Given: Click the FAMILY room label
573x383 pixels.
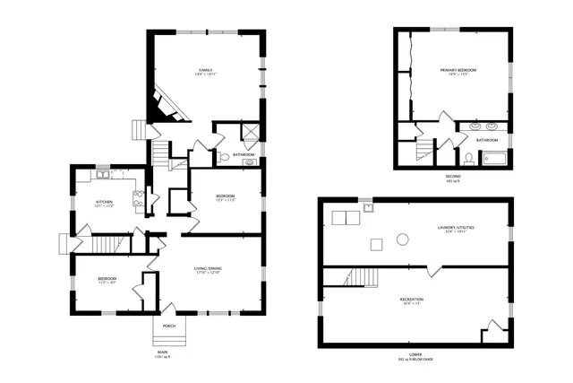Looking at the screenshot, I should point(205,71).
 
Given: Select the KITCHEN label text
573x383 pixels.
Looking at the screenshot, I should point(105,203).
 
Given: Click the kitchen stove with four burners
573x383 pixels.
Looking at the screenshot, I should point(139,199).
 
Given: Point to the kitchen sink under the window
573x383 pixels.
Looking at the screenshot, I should point(103,174).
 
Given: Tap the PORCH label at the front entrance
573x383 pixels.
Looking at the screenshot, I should point(168,326).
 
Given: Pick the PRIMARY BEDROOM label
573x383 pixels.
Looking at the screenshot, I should point(458,70).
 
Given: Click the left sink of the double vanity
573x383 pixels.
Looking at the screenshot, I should point(474,127).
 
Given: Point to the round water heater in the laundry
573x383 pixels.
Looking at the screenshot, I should point(403,239).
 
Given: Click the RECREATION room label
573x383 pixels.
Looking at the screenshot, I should point(412,299).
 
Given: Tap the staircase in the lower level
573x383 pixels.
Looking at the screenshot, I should point(363,276).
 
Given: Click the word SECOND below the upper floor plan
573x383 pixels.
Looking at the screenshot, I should point(453,177).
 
